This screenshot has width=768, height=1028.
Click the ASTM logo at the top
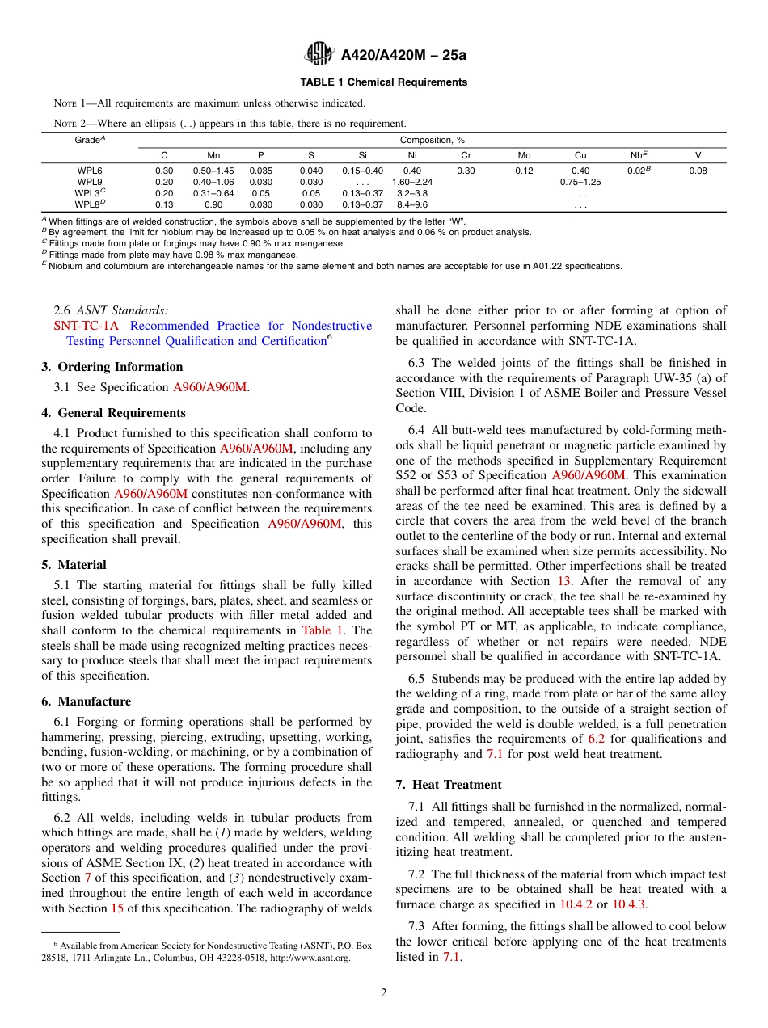(x=319, y=55)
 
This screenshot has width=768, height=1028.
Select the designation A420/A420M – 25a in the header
(x=403, y=56)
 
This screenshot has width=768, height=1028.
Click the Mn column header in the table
(x=213, y=155)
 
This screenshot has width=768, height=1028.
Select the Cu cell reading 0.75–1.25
(x=580, y=182)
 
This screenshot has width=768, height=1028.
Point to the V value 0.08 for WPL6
(x=698, y=171)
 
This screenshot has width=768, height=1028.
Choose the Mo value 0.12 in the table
(x=524, y=171)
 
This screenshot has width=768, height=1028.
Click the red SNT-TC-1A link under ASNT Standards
(x=86, y=326)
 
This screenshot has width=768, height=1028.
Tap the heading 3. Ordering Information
(x=112, y=367)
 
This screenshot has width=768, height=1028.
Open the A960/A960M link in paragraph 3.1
(x=209, y=387)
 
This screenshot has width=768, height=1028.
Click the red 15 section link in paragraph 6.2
(x=117, y=908)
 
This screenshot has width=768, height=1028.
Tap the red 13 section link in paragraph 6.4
(x=564, y=582)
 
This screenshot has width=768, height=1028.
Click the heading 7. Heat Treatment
(x=449, y=785)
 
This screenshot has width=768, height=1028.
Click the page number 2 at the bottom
(x=384, y=993)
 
